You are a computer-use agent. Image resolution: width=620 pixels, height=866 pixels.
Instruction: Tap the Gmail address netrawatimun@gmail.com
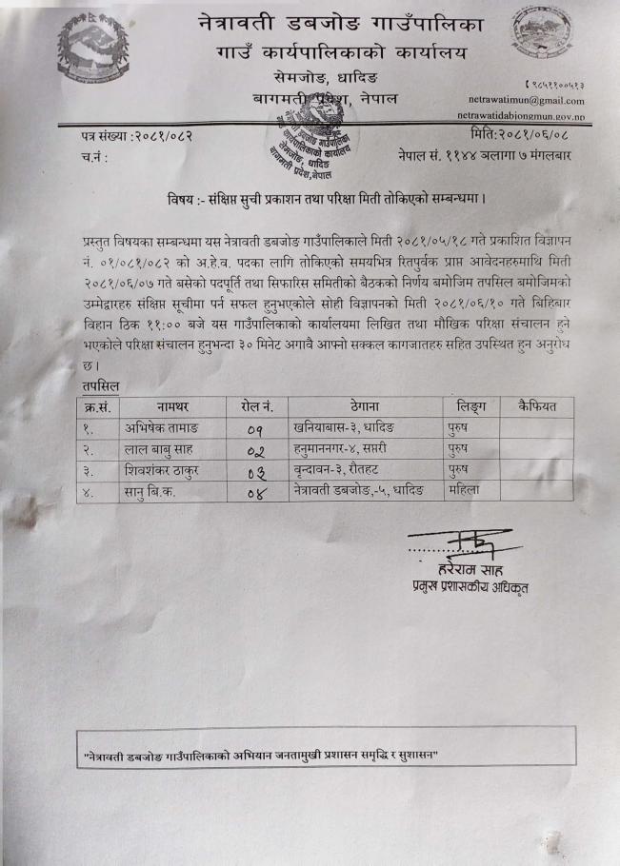[526, 100]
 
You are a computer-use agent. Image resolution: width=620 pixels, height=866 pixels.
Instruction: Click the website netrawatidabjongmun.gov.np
[526, 115]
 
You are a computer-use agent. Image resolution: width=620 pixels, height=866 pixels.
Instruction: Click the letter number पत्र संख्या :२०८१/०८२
[137, 136]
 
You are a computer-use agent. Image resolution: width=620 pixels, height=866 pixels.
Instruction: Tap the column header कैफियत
[536, 406]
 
